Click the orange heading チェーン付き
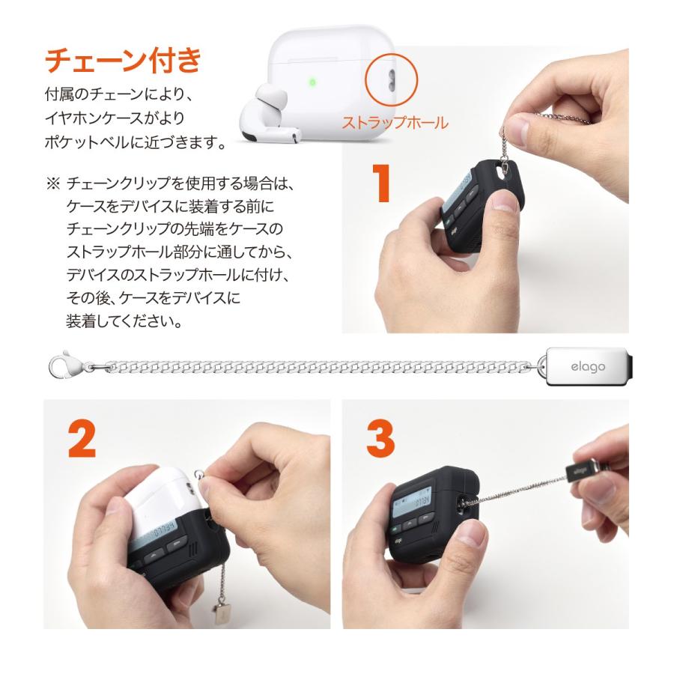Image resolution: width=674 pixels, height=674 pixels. point(124,61)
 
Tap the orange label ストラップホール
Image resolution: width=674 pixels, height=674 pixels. point(395,123)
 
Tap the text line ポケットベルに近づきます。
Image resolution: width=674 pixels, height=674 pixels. point(135,142)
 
